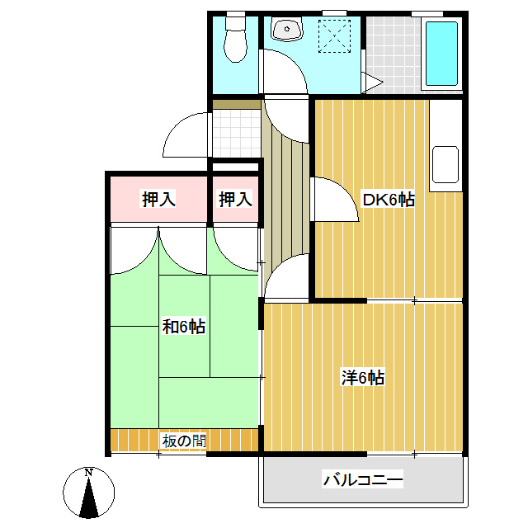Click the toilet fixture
(x=236, y=40)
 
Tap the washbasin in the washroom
(x=287, y=30)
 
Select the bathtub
(x=441, y=54)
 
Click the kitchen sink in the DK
(x=445, y=165)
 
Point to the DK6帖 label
(x=388, y=200)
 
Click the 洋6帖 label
(x=363, y=378)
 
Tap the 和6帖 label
(x=184, y=327)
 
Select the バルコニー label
(x=363, y=478)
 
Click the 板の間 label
(x=184, y=441)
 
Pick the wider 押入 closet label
(x=158, y=199)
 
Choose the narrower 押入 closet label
(x=235, y=199)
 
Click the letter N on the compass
(x=88, y=473)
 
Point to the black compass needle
(x=89, y=497)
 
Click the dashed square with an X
(x=334, y=36)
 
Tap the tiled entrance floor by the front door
(x=237, y=133)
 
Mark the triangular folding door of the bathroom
(x=372, y=82)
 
